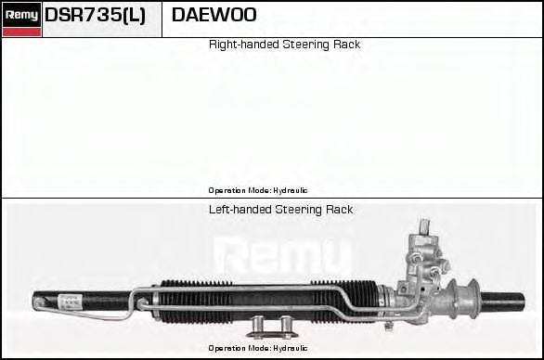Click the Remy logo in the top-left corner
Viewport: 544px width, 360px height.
(x=21, y=14)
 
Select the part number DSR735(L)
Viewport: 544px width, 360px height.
(x=96, y=15)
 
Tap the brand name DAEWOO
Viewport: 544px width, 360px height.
(x=214, y=15)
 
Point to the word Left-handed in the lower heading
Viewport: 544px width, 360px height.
(x=240, y=210)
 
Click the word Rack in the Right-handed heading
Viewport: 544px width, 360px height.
(x=346, y=45)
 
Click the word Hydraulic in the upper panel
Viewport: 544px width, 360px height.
(x=290, y=190)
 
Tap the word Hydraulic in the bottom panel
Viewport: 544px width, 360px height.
(x=290, y=348)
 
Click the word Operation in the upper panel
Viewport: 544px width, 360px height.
(x=227, y=190)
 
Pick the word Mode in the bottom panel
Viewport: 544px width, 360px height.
(x=260, y=348)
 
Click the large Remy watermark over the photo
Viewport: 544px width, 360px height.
(x=283, y=254)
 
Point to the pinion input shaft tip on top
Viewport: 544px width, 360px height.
(x=423, y=224)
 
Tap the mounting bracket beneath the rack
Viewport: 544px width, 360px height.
(x=273, y=326)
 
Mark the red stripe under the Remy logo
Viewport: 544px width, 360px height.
(x=21, y=32)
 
